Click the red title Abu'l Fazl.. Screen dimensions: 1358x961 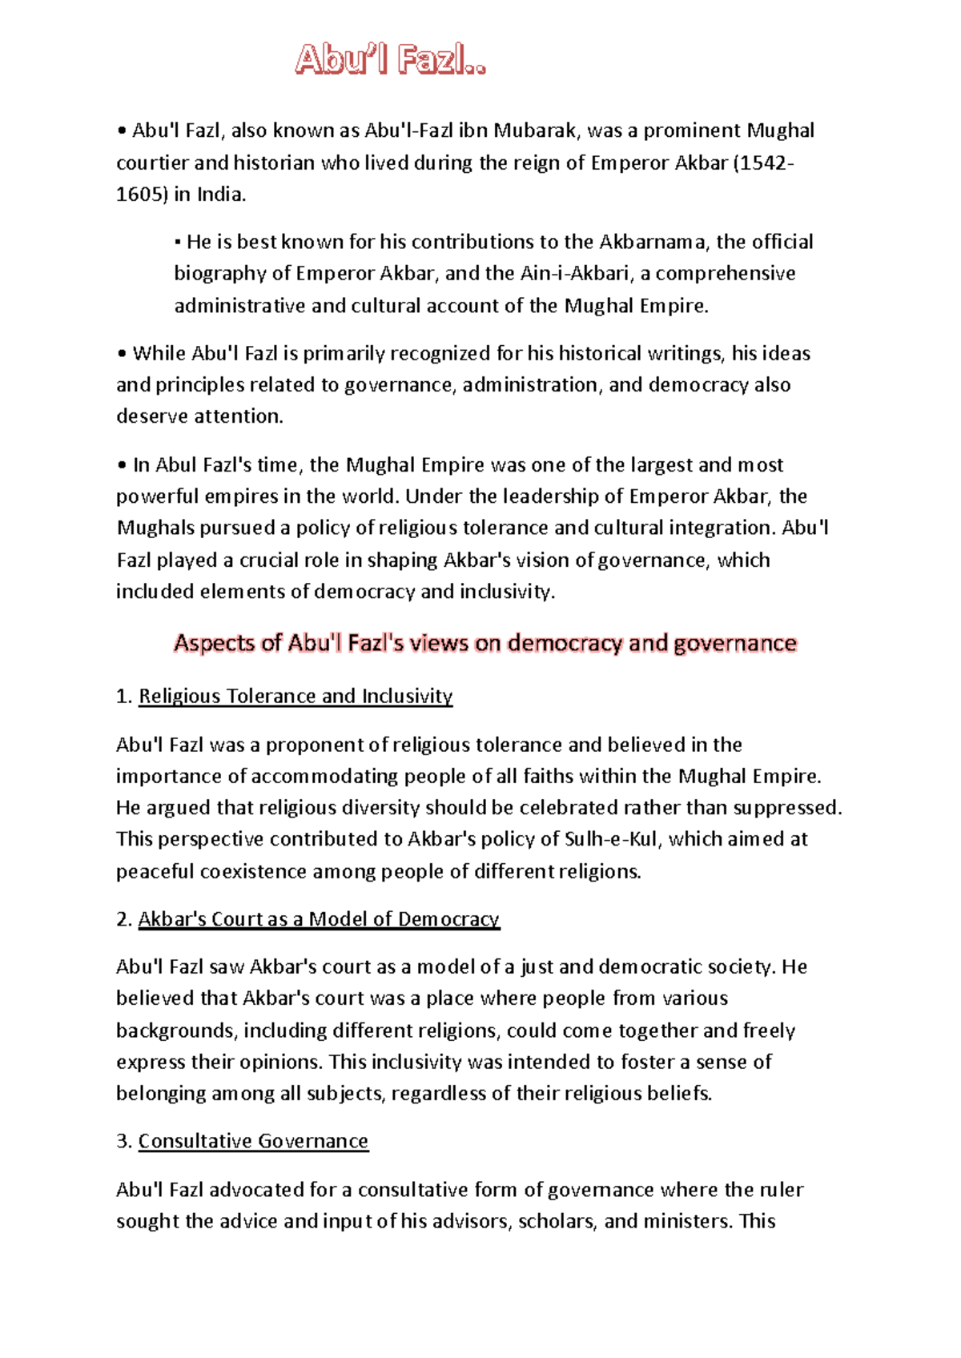point(390,60)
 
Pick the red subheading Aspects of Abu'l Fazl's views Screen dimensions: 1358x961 point(485,643)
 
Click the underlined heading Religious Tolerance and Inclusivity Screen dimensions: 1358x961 point(296,697)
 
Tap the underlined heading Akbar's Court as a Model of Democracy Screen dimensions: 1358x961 point(319,919)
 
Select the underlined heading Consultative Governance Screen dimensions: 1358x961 point(253,1141)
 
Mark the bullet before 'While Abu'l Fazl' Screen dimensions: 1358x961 point(122,354)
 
